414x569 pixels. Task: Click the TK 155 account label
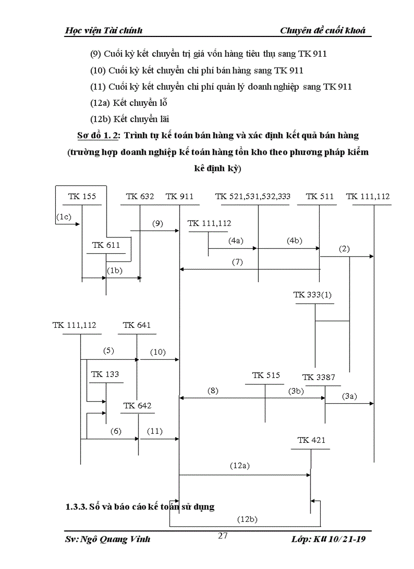pos(82,197)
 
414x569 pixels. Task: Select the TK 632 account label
pos(140,197)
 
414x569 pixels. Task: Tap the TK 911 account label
pos(179,197)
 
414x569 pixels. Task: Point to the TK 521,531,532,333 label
pos(253,197)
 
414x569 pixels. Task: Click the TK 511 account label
pos(320,197)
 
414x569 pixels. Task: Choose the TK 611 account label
pos(106,245)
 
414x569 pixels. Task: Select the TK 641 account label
pos(136,325)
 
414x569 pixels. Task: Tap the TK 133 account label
pos(105,374)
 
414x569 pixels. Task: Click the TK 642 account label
pos(137,406)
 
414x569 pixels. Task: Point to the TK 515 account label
pos(266,375)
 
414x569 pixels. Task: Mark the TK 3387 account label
pos(319,377)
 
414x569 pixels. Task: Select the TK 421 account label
pos(312,440)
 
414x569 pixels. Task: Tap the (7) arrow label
pos(237,262)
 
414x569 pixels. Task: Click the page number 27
pos(222,536)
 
